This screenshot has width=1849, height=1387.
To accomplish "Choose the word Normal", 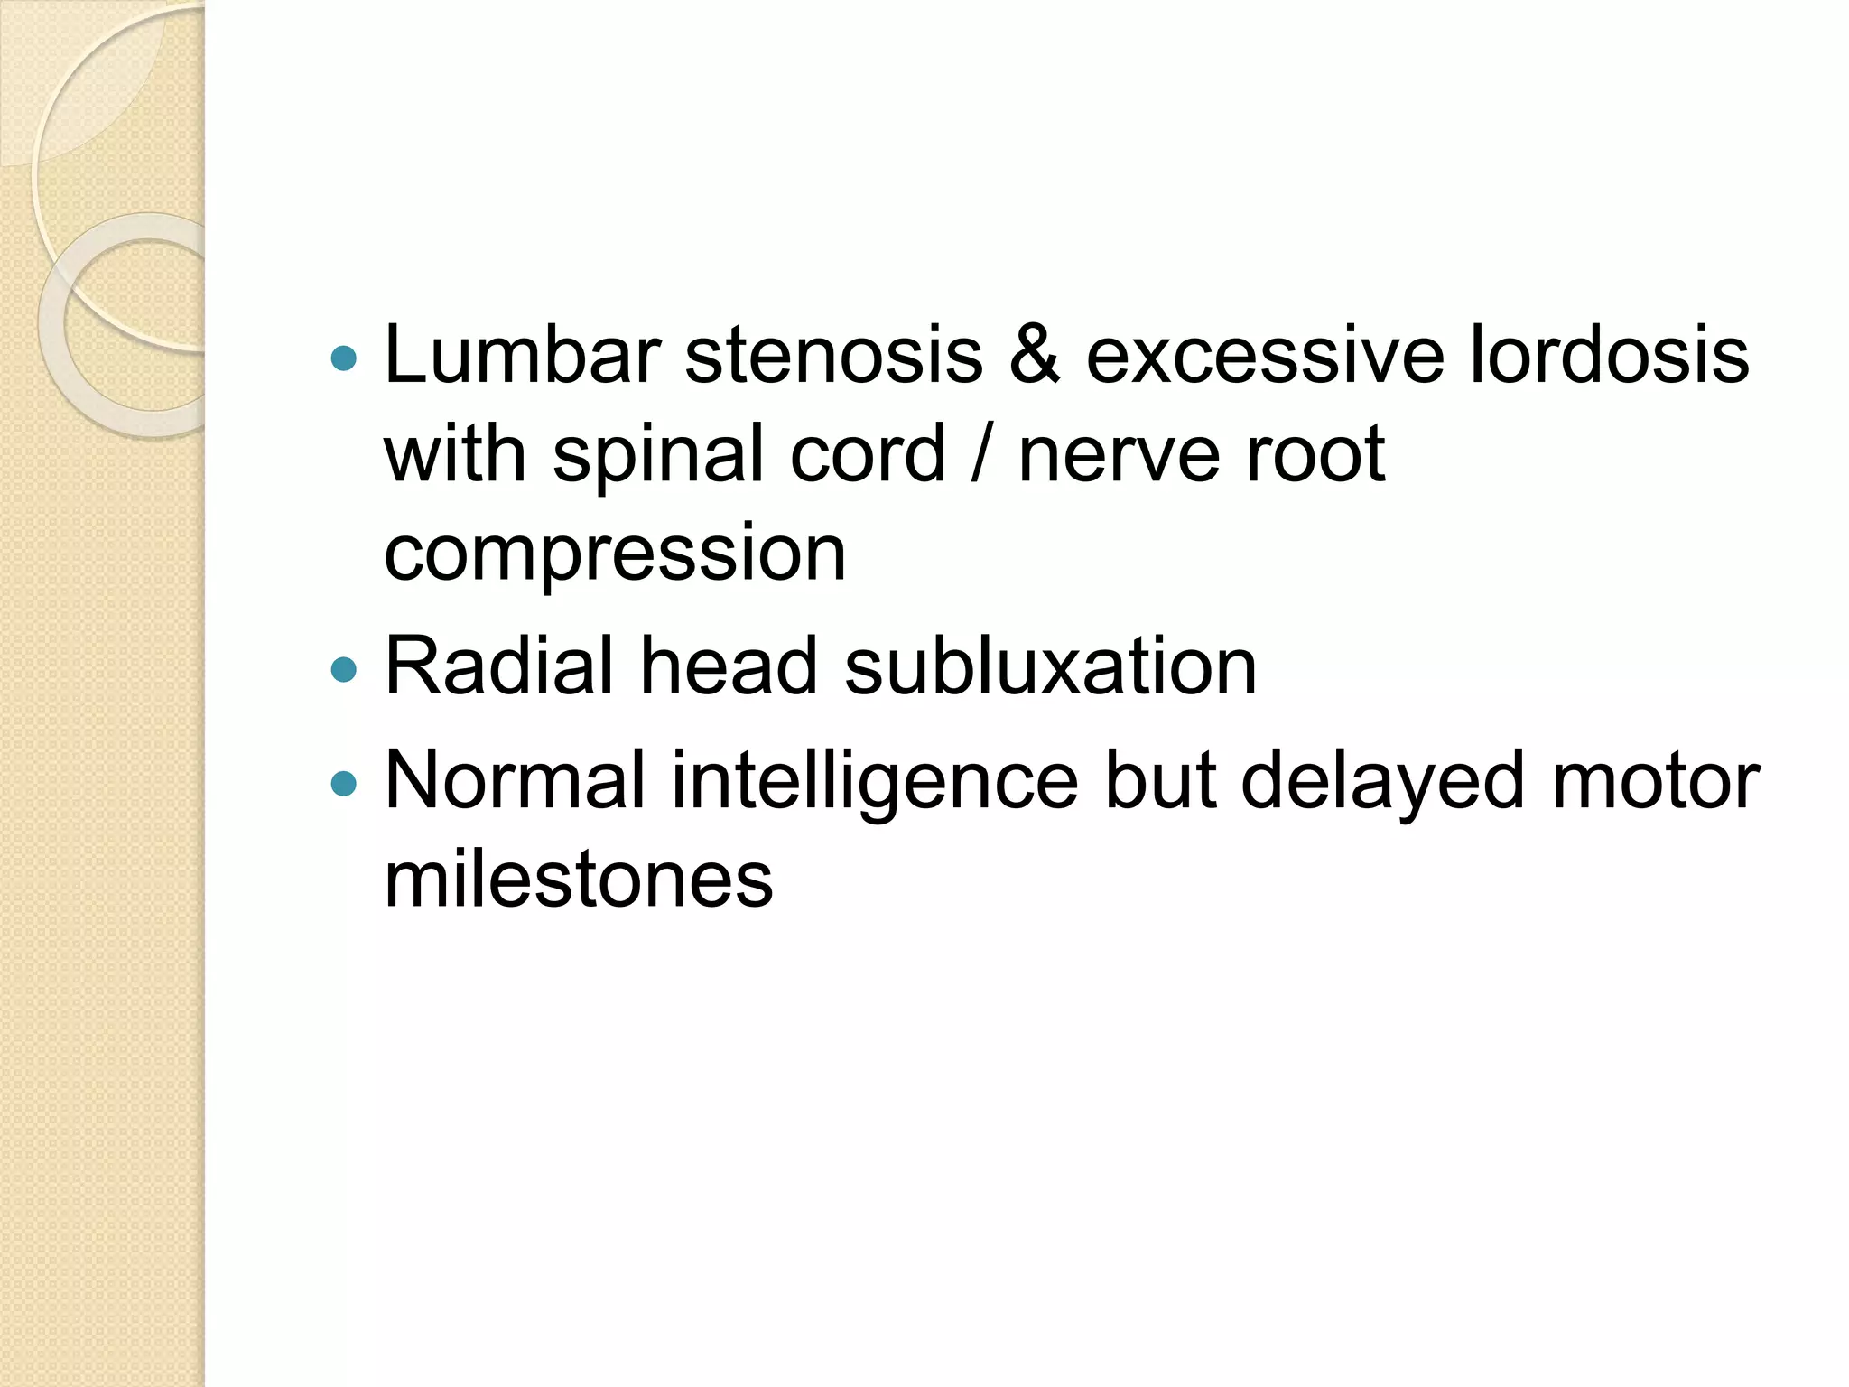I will click(x=516, y=780).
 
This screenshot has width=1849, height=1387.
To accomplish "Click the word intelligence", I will click(x=875, y=782).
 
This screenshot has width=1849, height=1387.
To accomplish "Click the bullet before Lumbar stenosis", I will click(x=344, y=359).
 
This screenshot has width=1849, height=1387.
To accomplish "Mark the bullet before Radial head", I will click(x=344, y=669).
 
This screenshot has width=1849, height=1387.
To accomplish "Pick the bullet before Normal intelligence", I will click(x=344, y=783).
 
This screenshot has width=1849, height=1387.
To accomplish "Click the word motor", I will click(x=1655, y=780).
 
